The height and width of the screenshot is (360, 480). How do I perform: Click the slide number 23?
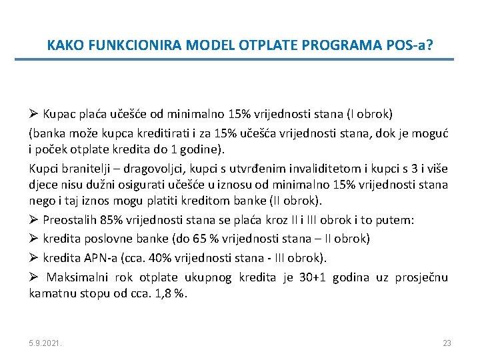(x=447, y=343)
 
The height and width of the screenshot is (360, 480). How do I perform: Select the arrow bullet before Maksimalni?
(x=34, y=277)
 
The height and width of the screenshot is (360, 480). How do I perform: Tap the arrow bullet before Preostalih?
(x=34, y=219)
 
